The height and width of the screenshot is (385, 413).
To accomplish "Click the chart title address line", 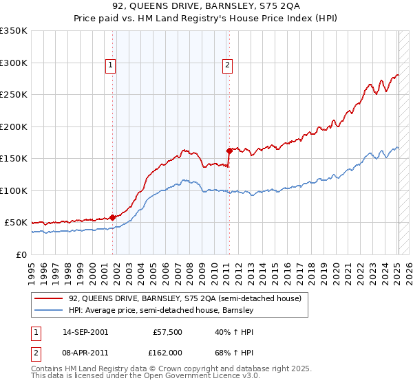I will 206,8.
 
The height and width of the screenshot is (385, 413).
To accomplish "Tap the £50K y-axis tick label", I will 17,223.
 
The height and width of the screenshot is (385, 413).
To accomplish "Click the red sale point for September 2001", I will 112,218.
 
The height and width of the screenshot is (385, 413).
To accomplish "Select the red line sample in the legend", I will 49,299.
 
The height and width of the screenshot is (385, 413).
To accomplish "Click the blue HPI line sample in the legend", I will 49,311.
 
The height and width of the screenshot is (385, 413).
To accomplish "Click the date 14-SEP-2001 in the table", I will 85,332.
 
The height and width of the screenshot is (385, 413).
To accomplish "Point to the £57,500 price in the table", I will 167,332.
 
